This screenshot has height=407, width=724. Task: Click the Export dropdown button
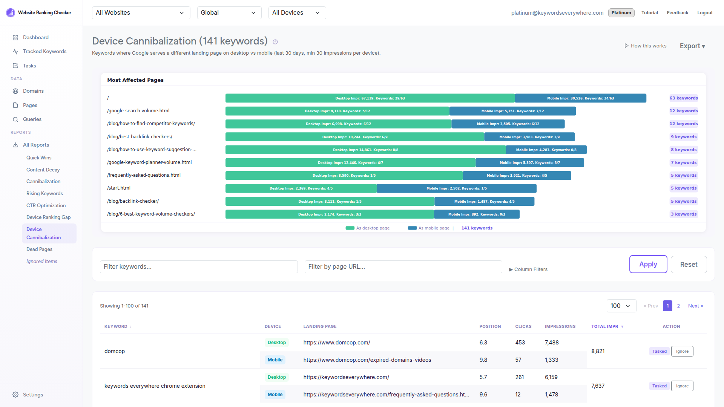coord(692,46)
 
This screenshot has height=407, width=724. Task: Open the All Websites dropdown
coord(141,13)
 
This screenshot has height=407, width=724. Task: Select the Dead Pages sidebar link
coord(39,249)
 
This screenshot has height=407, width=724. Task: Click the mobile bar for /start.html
coord(456,188)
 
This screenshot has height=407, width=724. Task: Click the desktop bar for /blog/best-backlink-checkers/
coord(354,137)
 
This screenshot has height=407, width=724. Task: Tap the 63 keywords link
coord(683,98)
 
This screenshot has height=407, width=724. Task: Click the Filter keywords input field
coord(199,267)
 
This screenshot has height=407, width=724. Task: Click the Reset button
coord(689,265)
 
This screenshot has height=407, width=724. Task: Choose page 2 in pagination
coord(678,306)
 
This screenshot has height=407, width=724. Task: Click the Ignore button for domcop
coord(682,352)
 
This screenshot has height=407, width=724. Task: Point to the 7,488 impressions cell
coord(552,343)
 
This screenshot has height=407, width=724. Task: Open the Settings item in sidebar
coord(33,395)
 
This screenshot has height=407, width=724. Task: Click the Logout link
coord(704,13)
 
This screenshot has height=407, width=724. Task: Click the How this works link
coord(645,46)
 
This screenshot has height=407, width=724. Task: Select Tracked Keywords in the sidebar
coord(44,52)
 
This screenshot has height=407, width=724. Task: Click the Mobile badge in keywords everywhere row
coord(275,395)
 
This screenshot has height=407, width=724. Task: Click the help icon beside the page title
coord(275,42)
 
